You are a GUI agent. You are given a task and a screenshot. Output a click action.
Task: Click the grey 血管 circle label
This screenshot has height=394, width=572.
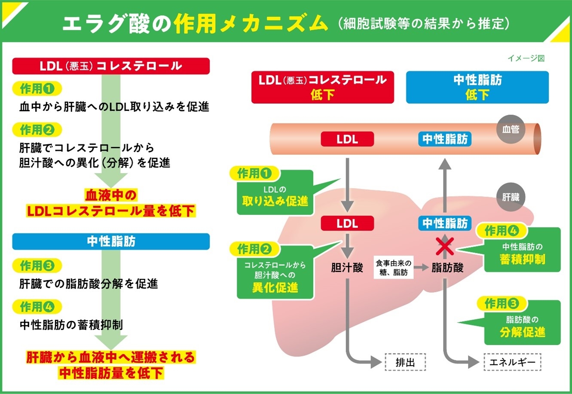coord(511,128)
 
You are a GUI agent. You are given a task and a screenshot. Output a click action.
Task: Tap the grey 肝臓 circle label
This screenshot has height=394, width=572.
coord(511,197)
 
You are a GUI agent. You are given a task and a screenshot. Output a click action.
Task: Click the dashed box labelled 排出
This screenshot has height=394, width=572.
coord(405,362)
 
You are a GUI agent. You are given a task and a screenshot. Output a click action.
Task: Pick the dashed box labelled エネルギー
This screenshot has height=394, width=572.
coord(512,362)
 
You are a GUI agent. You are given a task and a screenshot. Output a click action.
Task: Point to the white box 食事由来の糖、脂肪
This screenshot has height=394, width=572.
coord(393,268)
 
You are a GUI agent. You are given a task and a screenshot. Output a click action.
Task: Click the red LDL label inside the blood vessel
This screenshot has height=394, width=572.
coord(347,139)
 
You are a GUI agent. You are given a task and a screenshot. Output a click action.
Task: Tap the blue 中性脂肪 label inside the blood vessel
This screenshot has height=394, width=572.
coord(445,139)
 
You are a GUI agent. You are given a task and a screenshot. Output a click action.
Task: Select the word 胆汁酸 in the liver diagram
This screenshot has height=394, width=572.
coord(347,268)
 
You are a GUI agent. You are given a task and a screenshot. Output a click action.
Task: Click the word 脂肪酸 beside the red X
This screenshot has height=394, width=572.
coord(447,268)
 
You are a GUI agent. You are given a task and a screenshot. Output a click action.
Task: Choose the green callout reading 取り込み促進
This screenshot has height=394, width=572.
coord(275,195)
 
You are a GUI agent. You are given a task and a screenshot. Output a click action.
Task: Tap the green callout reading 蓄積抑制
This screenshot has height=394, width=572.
coord(522,254)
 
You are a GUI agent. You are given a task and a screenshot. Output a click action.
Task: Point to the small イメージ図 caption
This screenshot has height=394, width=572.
coord(526,58)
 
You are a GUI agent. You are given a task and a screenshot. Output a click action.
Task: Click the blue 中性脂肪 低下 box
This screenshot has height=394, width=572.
coord(477,87)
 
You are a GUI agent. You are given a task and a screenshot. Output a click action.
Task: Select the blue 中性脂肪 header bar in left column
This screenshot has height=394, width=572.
coord(111,241)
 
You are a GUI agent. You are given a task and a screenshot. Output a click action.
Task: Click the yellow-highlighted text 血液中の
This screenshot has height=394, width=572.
coord(111,195)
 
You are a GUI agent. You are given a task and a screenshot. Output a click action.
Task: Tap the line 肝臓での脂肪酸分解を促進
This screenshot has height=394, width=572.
coord(89,284)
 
